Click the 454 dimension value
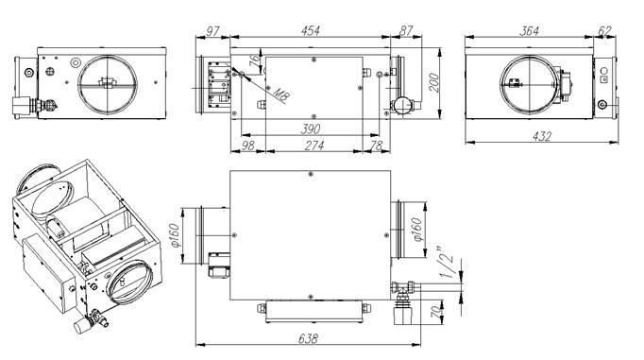(311, 31)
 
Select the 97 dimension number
(212, 31)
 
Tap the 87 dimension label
(406, 31)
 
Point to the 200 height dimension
(433, 83)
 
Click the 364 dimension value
(530, 31)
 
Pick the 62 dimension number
(605, 31)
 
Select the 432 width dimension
(542, 136)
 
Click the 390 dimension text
(311, 129)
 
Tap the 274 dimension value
(314, 146)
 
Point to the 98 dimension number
(247, 146)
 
